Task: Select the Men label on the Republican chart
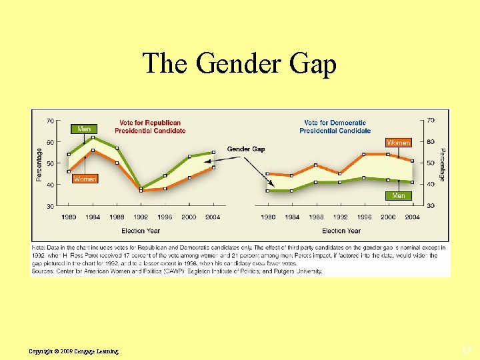pos(84,129)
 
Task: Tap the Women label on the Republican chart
pos(85,179)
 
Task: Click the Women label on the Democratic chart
pos(398,143)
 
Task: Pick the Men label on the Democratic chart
pos(398,195)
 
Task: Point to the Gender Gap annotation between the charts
pos(245,149)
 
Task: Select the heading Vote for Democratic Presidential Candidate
pos(335,127)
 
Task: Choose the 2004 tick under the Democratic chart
pos(412,217)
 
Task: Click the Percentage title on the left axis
pos(39,163)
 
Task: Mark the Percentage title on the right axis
pos(442,163)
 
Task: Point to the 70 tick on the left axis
pos(51,121)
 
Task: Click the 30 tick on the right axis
pos(430,206)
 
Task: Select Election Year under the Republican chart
pos(141,231)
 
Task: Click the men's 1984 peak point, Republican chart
pos(93,137)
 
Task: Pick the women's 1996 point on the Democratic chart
pos(364,154)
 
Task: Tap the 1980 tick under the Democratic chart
pos(267,217)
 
